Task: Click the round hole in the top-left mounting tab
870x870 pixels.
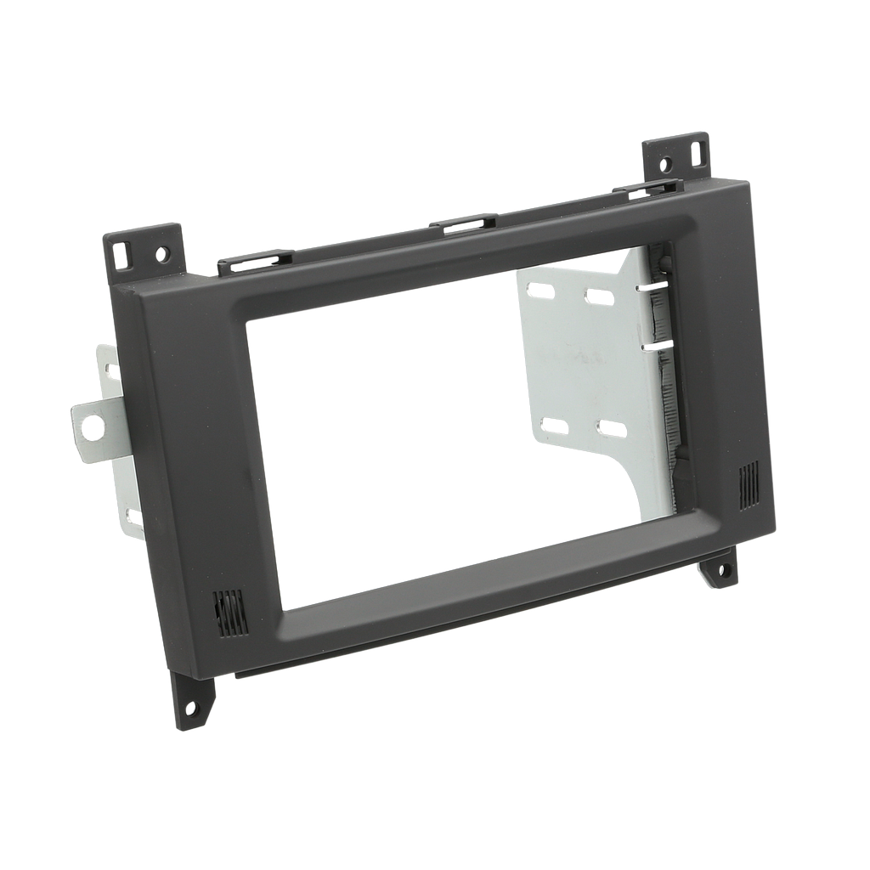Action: (162, 253)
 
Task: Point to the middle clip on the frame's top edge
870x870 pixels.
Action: (463, 224)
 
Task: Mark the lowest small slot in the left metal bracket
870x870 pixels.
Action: (133, 515)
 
